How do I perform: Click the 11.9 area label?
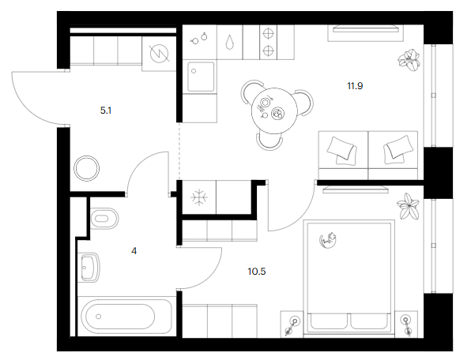click(x=355, y=86)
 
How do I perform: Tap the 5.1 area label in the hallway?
click(x=106, y=111)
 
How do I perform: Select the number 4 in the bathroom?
click(x=134, y=251)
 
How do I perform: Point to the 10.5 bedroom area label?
click(x=257, y=272)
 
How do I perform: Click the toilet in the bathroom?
click(x=104, y=218)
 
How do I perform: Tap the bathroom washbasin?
click(x=89, y=268)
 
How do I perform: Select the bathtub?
click(x=124, y=317)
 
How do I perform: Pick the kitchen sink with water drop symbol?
click(x=230, y=42)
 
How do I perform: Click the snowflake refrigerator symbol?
click(x=199, y=197)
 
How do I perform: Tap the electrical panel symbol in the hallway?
click(x=159, y=54)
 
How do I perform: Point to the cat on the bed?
click(x=328, y=240)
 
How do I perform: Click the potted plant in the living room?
click(x=409, y=60)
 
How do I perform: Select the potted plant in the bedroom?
click(x=408, y=206)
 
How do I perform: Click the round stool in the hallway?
click(x=86, y=168)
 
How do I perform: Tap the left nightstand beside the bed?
click(x=292, y=324)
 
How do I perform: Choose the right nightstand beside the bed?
click(x=406, y=324)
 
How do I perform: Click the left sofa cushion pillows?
click(x=342, y=150)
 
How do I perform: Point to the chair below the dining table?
click(x=269, y=141)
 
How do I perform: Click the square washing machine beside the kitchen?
click(x=201, y=77)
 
